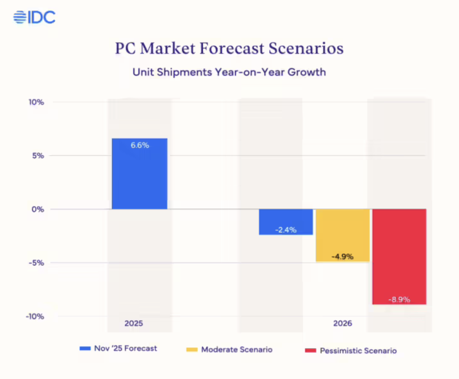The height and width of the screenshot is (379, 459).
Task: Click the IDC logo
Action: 34,17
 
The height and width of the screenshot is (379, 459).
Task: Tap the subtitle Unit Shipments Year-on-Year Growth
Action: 229,72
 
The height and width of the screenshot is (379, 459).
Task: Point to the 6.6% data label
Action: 140,145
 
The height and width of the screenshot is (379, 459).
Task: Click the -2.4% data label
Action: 286,230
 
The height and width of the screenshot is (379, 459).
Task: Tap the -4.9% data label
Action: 342,257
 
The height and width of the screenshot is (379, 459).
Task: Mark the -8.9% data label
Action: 399,300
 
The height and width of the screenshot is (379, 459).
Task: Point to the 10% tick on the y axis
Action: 36,102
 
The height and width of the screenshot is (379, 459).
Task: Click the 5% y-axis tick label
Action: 38,156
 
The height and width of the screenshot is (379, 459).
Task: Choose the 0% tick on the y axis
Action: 38,209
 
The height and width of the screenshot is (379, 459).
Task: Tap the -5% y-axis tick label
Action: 36,263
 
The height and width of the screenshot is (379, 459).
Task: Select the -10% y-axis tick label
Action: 35,316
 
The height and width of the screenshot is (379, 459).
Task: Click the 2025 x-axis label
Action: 134,324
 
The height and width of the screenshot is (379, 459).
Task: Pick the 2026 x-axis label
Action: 342,324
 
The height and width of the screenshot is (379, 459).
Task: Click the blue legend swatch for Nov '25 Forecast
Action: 85,348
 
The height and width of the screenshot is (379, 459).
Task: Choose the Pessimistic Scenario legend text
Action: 358,350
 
